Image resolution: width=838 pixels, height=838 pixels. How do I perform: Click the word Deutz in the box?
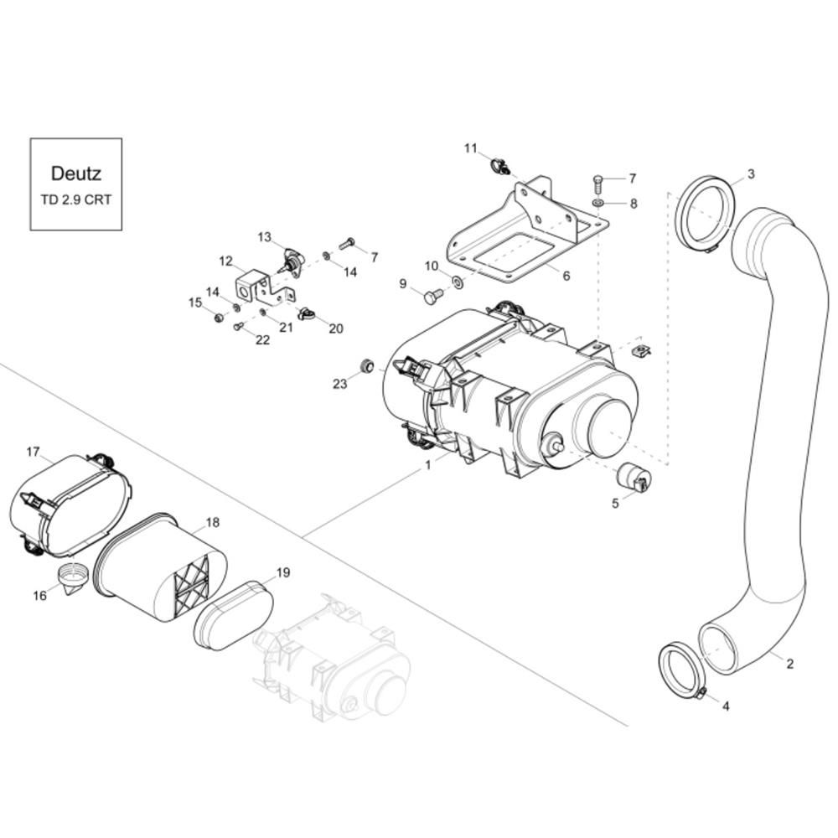click(76, 173)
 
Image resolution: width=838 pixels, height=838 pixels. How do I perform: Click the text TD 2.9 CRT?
click(76, 199)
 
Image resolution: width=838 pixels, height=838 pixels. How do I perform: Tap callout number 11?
click(470, 148)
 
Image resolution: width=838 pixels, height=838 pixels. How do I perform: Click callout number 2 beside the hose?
click(789, 664)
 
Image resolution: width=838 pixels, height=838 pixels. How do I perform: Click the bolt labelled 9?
click(432, 296)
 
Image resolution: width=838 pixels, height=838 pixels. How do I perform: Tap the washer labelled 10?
click(458, 281)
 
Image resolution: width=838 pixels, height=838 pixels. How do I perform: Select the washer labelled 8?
click(598, 203)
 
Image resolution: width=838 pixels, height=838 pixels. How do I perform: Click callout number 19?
click(282, 573)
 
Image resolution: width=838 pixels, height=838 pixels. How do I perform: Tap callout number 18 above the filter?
click(212, 522)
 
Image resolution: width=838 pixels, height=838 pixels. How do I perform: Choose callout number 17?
click(34, 453)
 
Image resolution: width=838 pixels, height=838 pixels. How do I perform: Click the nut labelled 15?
click(218, 318)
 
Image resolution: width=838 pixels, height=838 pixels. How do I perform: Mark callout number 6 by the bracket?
click(566, 275)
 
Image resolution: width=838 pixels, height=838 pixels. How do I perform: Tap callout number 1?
click(427, 465)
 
